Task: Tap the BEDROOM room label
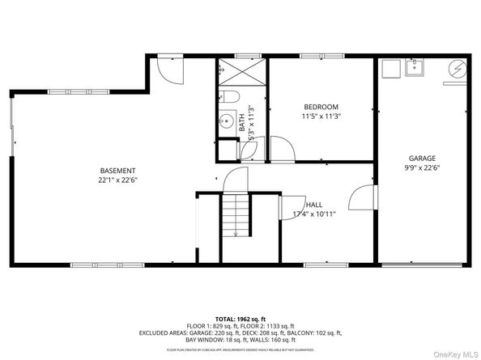(x=321, y=107)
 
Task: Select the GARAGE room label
(x=422, y=159)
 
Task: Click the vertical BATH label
(x=241, y=124)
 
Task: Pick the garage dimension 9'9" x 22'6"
(x=422, y=168)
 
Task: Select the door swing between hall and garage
(x=362, y=198)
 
